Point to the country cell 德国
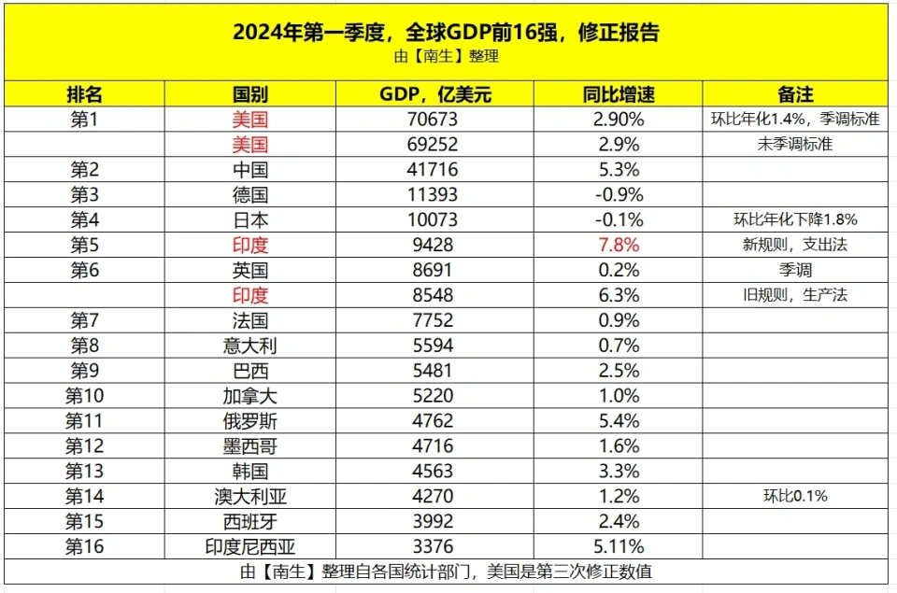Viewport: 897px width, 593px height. (x=249, y=195)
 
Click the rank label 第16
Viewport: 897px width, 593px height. (x=84, y=546)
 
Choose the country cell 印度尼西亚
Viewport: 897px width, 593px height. (x=249, y=546)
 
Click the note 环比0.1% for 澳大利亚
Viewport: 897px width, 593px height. (x=795, y=496)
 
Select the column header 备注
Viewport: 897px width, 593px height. (x=795, y=94)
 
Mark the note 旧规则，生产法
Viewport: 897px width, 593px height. (x=795, y=295)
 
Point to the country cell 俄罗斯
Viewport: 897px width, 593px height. (x=249, y=421)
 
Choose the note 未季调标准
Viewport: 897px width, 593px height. (x=795, y=145)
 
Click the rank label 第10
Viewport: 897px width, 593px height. (x=84, y=396)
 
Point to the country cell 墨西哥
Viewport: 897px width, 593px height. (x=249, y=445)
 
